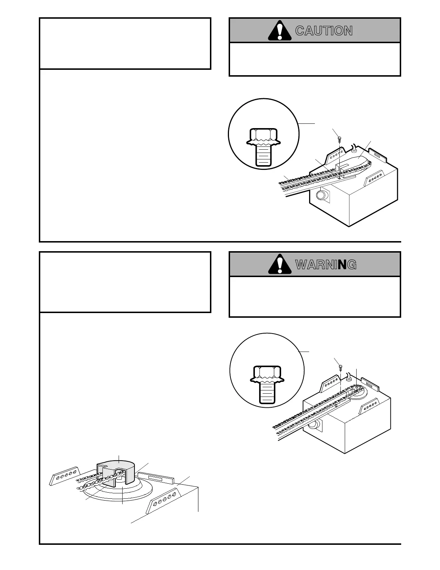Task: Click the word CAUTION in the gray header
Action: (324, 31)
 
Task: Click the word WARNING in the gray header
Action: (326, 265)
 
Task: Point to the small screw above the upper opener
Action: (339, 138)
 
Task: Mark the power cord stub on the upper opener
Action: (353, 148)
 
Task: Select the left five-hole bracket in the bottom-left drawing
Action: (64, 475)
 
